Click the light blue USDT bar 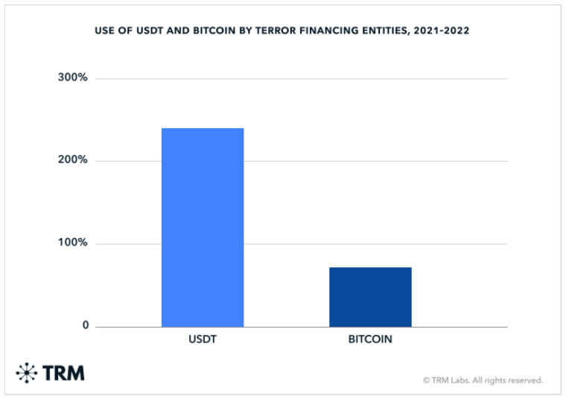coord(203,228)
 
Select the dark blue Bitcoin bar coord(370,297)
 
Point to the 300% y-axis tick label coord(72,77)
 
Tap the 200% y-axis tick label coord(72,159)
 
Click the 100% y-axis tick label coord(72,242)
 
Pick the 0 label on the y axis coord(86,325)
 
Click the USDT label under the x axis coord(203,339)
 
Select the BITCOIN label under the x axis coord(370,339)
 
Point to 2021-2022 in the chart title coord(441,31)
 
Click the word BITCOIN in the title coord(214,31)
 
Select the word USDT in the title coord(150,31)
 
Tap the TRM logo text coord(63,373)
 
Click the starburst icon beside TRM coord(27,372)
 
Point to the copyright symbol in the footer coord(427,380)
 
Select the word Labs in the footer coord(460,380)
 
